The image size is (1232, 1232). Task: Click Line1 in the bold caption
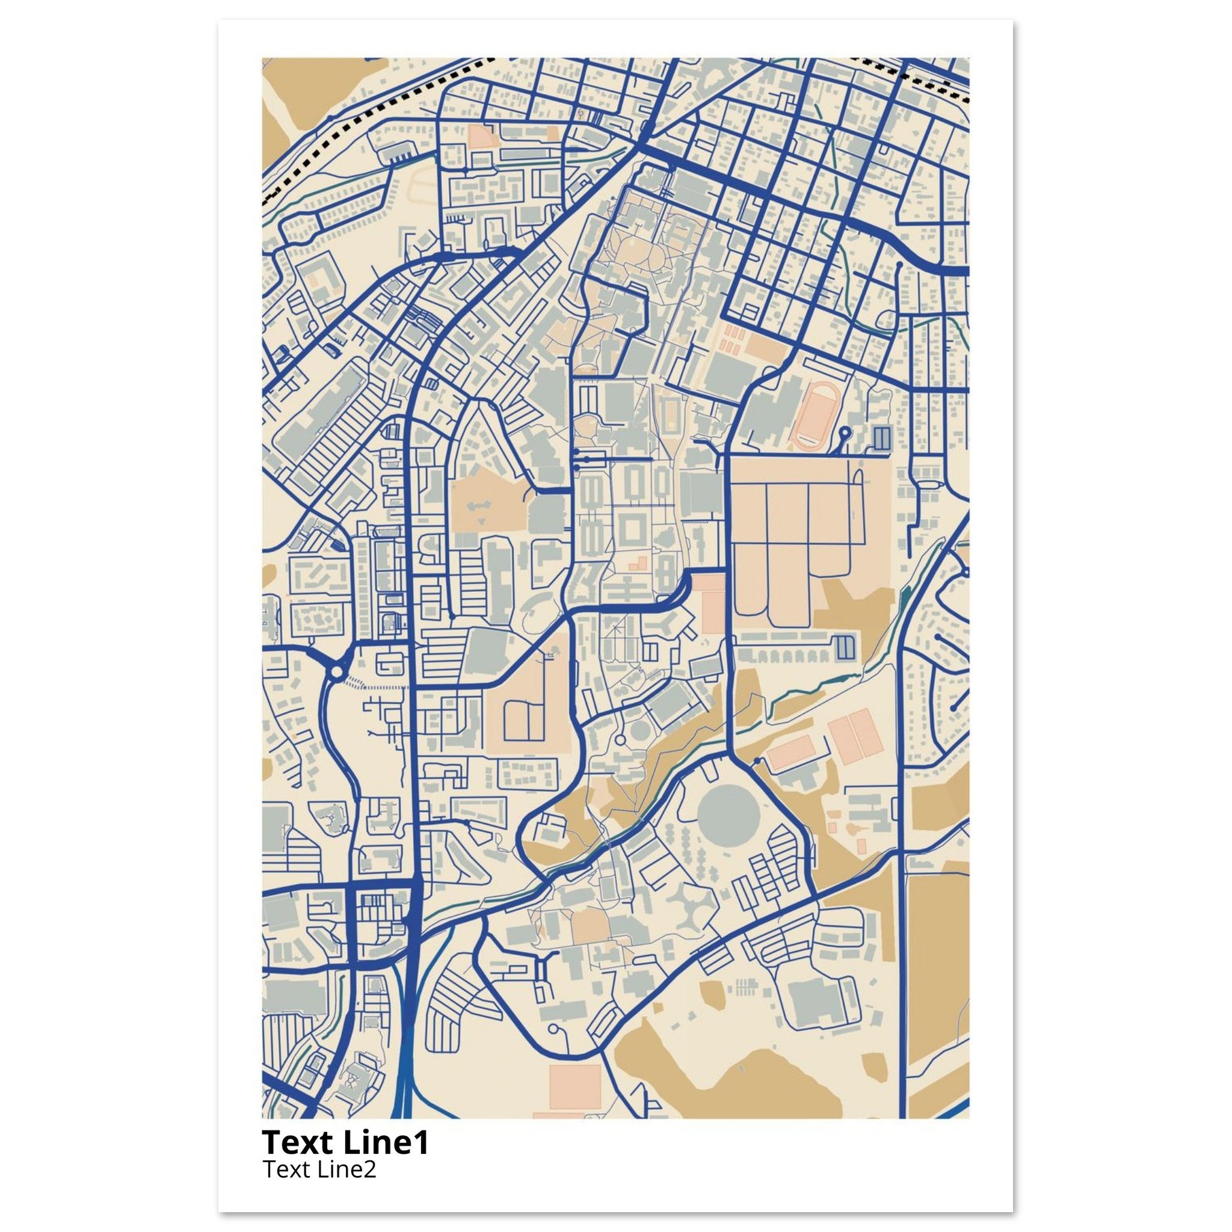point(386,1144)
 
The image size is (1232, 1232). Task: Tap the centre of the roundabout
point(337,671)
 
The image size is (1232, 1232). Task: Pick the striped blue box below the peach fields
point(843,647)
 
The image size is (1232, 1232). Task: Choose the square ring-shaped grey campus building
point(634,529)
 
